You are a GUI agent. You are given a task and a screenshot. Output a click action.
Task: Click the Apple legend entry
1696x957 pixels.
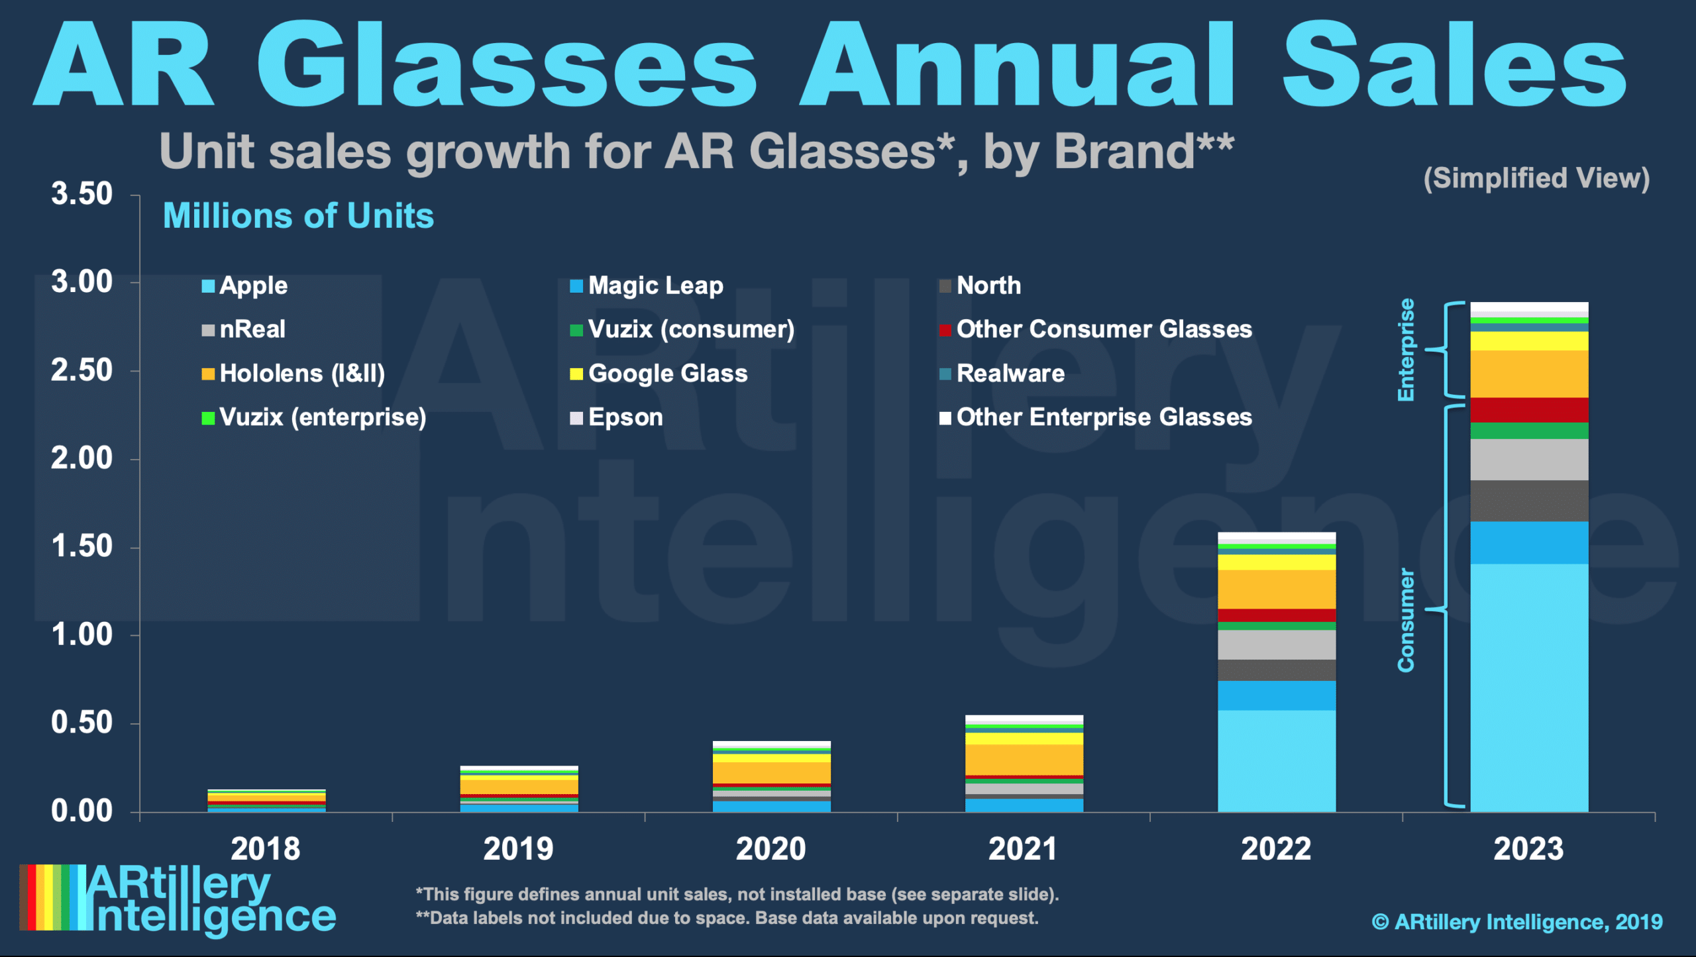coord(246,286)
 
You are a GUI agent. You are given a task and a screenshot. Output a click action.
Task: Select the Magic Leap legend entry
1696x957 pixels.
coord(647,286)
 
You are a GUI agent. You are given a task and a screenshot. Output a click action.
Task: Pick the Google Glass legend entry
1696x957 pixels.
coord(659,374)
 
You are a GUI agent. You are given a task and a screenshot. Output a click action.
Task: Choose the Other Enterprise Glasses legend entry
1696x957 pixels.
coord(1096,417)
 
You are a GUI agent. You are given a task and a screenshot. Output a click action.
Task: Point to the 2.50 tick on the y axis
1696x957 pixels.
coord(81,371)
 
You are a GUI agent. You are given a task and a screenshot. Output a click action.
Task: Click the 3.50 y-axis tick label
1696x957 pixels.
coord(81,195)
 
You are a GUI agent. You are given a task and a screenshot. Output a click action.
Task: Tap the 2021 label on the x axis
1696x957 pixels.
coord(1023,849)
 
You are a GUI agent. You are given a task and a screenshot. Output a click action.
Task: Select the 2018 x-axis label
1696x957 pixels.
coord(265,849)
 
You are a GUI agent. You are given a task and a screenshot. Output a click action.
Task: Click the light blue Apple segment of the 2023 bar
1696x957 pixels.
coord(1529,689)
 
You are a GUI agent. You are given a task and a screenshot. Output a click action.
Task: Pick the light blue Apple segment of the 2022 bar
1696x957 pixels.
coord(1277,762)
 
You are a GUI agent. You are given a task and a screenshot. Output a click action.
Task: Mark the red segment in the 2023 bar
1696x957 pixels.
coord(1529,410)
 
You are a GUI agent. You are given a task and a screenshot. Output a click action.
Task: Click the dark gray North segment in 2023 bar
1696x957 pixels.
coord(1529,501)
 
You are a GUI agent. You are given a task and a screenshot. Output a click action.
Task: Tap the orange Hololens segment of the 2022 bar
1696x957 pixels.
coord(1277,589)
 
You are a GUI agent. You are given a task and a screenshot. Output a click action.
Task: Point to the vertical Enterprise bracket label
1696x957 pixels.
coord(1406,350)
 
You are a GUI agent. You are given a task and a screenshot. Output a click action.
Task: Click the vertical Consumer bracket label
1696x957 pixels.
coord(1406,620)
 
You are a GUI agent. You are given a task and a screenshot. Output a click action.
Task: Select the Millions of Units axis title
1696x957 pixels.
coord(298,216)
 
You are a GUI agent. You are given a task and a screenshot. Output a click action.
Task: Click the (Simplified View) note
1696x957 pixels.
coord(1536,178)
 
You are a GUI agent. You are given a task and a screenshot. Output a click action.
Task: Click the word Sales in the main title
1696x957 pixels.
coord(1454,66)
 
